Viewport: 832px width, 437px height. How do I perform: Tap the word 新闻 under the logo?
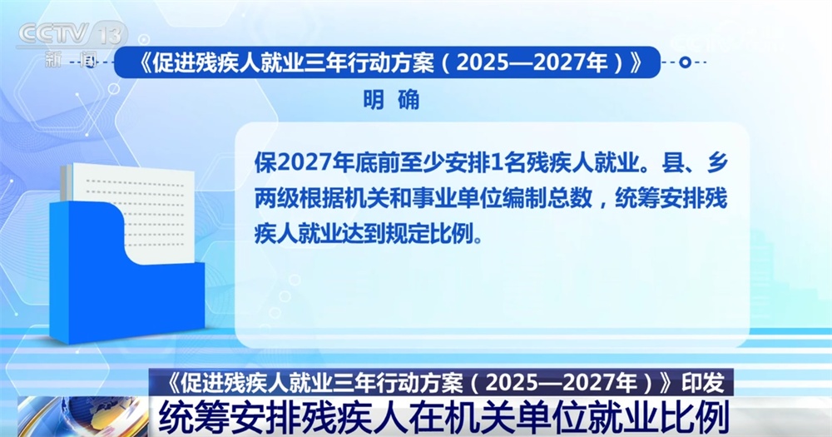coord(72,59)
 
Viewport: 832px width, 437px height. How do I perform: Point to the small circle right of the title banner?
coord(684,62)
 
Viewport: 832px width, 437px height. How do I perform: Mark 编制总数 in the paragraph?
coord(551,198)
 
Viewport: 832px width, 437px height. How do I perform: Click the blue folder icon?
coord(125,266)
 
